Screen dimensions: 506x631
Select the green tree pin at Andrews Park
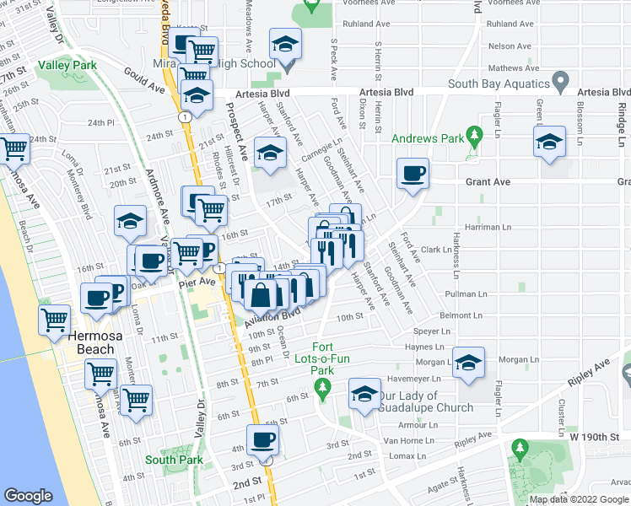(474, 135)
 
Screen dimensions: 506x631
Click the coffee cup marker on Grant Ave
(413, 174)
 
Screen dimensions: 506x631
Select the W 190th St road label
(599, 436)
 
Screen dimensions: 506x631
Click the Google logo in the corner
(28, 496)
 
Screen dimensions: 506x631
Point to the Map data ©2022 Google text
(578, 499)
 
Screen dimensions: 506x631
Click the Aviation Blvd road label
(272, 318)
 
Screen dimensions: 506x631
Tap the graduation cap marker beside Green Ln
(549, 141)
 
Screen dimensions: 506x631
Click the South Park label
(173, 460)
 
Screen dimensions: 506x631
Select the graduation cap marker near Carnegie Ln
(271, 153)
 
